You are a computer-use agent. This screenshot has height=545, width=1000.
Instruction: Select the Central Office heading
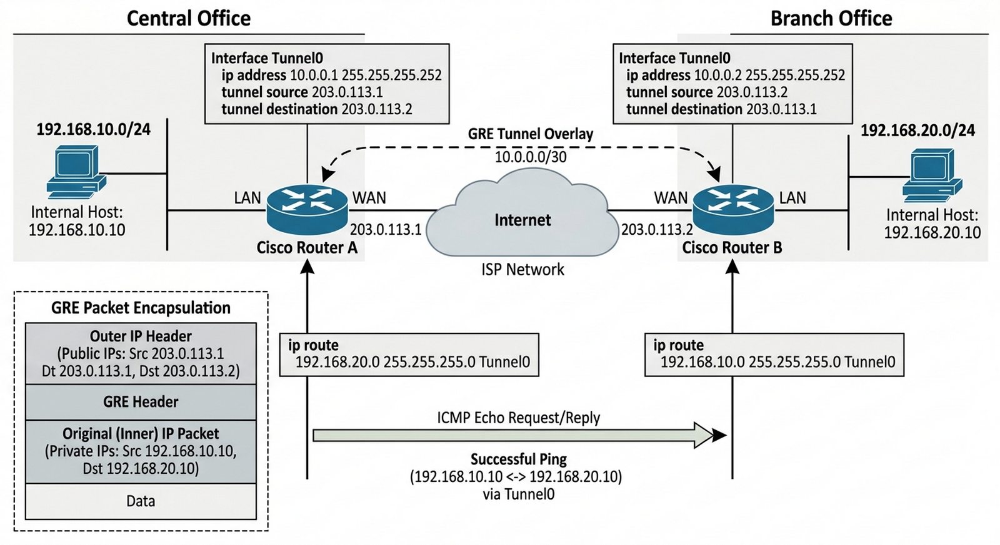[188, 18]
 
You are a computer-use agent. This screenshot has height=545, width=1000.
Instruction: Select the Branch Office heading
[831, 18]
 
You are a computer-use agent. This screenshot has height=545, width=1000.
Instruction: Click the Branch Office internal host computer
[932, 174]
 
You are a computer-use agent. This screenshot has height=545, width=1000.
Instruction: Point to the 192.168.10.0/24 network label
[93, 129]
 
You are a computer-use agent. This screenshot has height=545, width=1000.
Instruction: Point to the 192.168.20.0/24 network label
[917, 130]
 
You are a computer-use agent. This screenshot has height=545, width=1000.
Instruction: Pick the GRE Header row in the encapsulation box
[141, 402]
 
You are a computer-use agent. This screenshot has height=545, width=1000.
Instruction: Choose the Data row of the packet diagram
[141, 501]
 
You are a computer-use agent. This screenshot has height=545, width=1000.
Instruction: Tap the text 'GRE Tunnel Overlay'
[531, 134]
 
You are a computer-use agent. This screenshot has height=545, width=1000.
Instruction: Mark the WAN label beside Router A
[369, 198]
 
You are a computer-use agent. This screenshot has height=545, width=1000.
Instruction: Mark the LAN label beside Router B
[792, 198]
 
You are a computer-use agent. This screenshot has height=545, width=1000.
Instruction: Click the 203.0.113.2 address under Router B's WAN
[657, 230]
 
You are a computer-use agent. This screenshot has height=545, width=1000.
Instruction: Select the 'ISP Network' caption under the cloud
[522, 270]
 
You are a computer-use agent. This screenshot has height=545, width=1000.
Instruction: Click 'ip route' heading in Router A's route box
[313, 345]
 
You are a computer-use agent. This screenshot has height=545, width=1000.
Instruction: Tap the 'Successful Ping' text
[518, 459]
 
